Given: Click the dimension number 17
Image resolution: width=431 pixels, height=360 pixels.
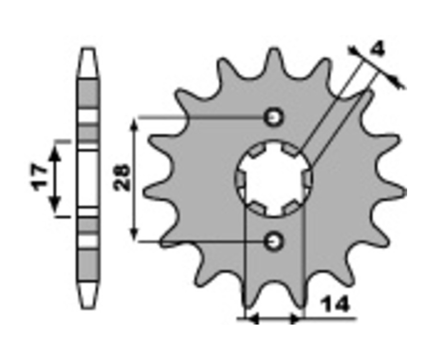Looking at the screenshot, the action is (x=39, y=178).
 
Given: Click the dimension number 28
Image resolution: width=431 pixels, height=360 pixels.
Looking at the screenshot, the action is (x=121, y=177).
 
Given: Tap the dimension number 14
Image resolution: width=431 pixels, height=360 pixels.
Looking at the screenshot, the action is (x=335, y=304).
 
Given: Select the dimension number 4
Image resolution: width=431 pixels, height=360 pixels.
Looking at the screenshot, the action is (x=378, y=49).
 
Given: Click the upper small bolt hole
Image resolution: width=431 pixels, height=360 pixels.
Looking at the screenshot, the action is (x=273, y=118).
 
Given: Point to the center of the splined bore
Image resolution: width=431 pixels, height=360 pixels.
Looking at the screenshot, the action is (x=273, y=178).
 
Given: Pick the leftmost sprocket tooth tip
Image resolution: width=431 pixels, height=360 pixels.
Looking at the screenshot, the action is (x=145, y=190).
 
